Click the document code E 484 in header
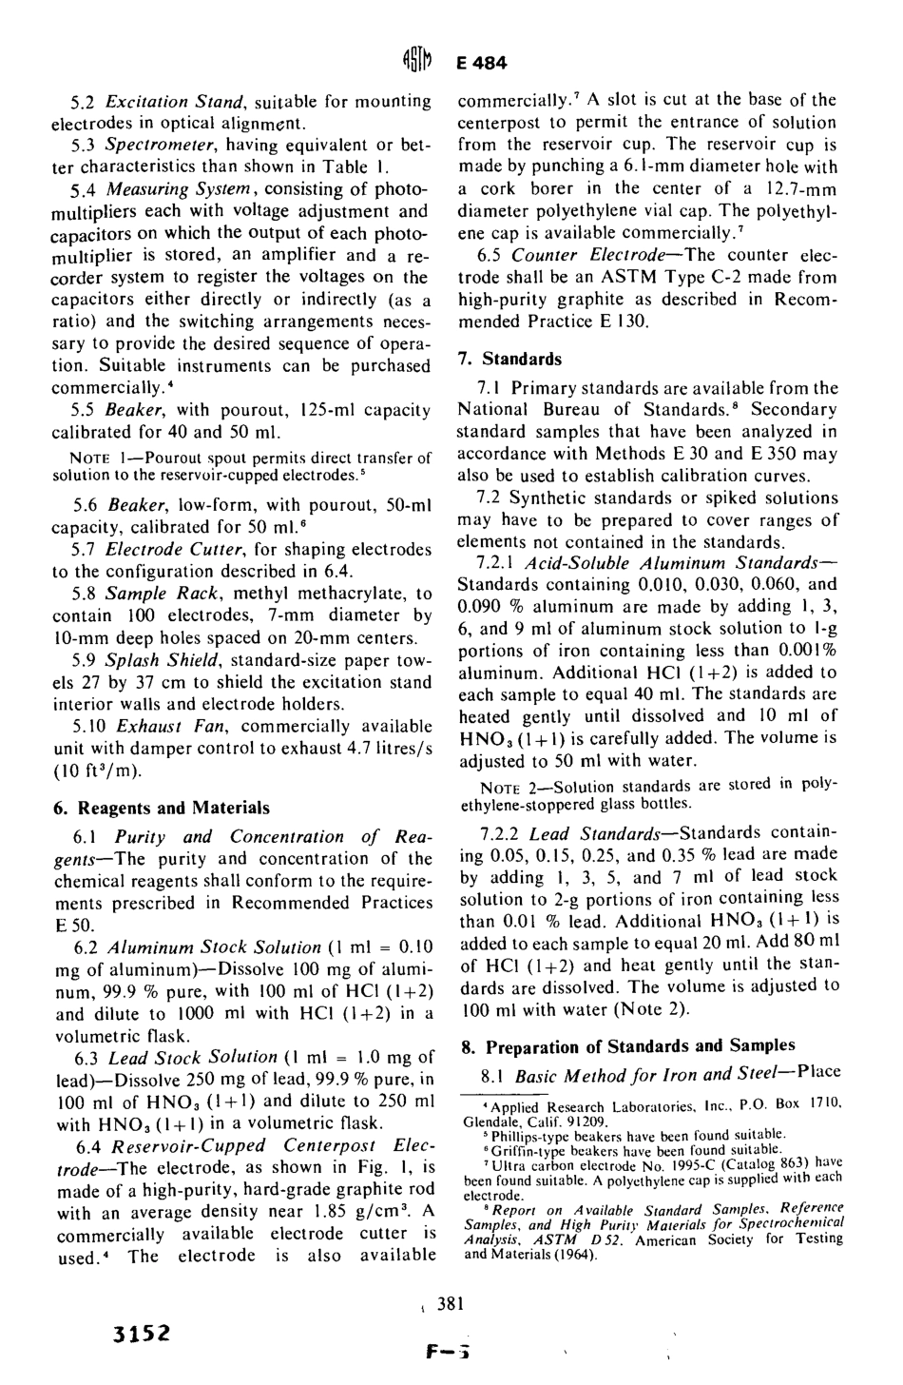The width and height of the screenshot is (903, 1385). pos(484,65)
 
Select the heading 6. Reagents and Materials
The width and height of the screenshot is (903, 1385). pos(161,808)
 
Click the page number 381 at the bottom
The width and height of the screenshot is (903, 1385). pos(451,1304)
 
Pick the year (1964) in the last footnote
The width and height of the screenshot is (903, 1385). pos(573,1253)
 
